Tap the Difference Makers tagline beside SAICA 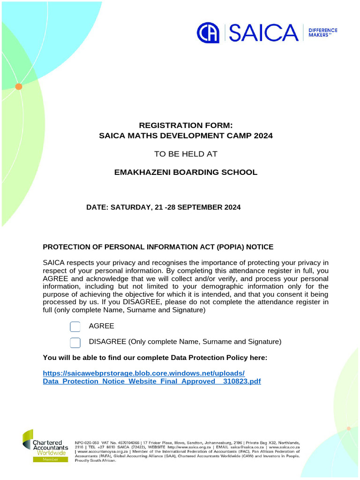[322, 33]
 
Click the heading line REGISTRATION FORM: [186, 125]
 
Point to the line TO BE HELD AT [186, 154]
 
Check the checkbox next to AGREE [75, 326]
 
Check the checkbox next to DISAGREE [75, 343]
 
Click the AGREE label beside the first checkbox [101, 326]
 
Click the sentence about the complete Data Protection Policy [155, 358]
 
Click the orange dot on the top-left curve [19, 86]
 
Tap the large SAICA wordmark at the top [263, 33]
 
